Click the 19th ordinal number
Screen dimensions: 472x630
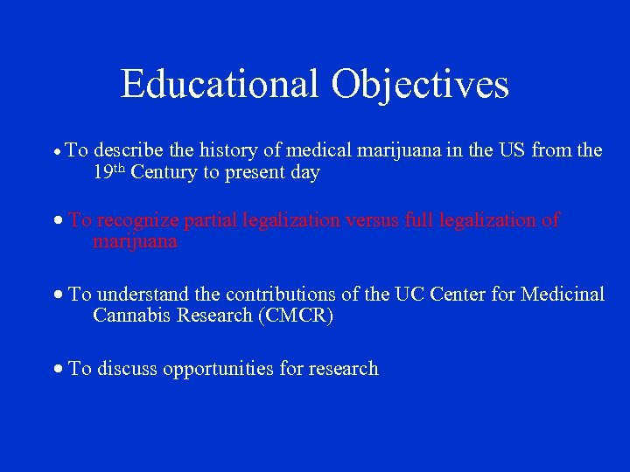(109, 172)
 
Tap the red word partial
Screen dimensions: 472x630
(209, 220)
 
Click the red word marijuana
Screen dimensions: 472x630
(135, 242)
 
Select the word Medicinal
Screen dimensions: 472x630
(563, 295)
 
